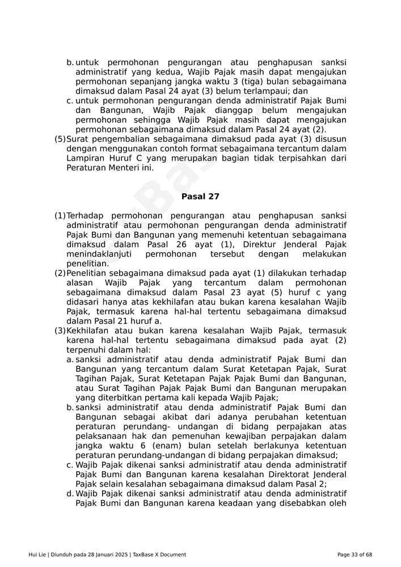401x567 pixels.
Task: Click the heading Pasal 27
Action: click(200, 197)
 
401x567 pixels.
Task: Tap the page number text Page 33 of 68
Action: click(354, 555)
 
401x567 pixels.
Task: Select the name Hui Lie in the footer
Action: click(37, 555)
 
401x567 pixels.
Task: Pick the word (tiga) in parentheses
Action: click(252, 82)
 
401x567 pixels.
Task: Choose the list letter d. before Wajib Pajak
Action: click(70, 494)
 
